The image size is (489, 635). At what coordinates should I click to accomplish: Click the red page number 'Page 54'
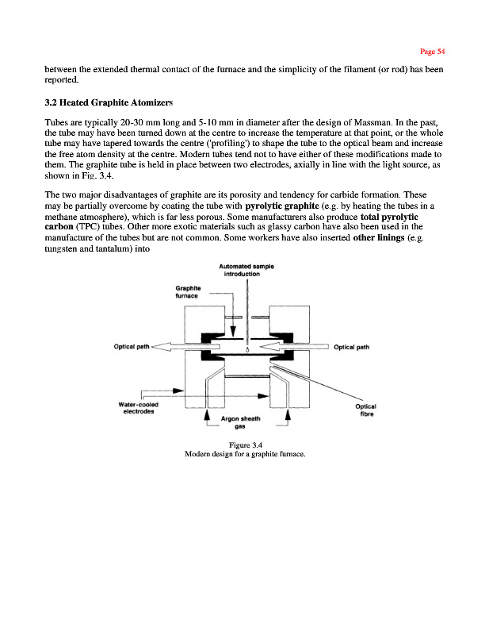coord(432,52)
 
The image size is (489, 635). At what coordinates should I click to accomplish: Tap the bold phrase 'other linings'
coord(379,237)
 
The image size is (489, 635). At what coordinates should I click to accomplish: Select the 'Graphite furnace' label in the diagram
coord(188,291)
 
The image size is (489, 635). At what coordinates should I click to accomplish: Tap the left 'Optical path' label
coord(131,346)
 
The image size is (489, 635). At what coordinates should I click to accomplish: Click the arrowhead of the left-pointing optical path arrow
coord(155,346)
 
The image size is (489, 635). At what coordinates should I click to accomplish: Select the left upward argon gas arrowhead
coord(208,412)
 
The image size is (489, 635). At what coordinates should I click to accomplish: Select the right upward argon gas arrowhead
coord(287,412)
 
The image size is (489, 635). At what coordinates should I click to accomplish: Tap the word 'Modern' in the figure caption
coord(199,454)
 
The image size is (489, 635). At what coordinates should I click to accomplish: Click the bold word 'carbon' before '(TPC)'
coord(63,226)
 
